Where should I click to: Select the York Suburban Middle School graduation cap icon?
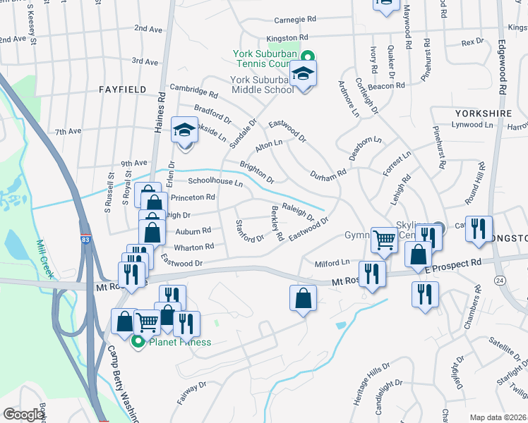pyautogui.click(x=304, y=74)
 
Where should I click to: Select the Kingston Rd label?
pyautogui.click(x=287, y=37)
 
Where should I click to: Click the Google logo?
pyautogui.click(x=24, y=414)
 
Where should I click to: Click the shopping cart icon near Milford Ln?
pyautogui.click(x=384, y=240)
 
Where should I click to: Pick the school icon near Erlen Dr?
pyautogui.click(x=185, y=131)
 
